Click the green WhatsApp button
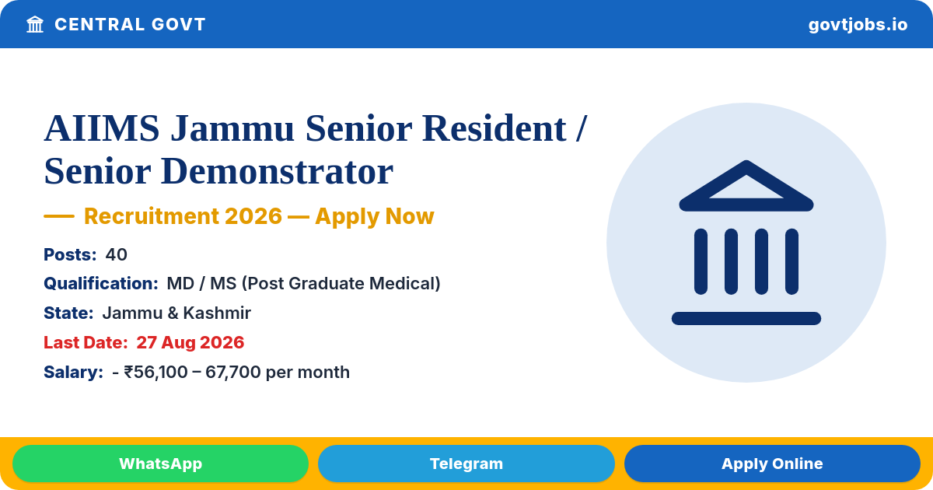tap(160, 464)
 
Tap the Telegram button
tap(466, 464)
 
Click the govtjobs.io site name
tap(858, 25)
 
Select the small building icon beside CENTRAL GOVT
tap(35, 25)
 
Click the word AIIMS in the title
tap(102, 128)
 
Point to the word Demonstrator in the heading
tap(277, 171)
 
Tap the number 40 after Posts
tap(116, 254)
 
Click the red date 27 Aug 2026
tap(190, 342)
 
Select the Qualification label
tap(101, 284)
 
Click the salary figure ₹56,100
tap(155, 373)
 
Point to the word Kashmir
tap(217, 313)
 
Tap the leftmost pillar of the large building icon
tap(701, 261)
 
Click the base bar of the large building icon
tap(746, 318)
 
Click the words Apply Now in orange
tap(375, 216)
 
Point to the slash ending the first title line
tap(582, 129)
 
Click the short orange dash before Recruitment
tap(59, 216)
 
